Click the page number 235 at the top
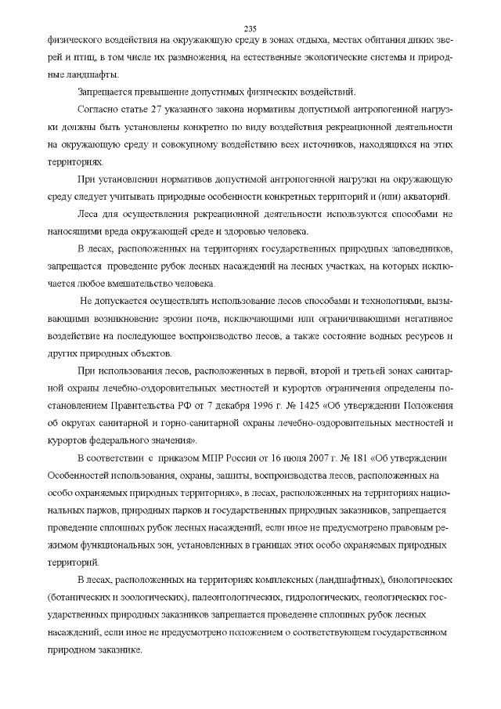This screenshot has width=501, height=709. point(250,22)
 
